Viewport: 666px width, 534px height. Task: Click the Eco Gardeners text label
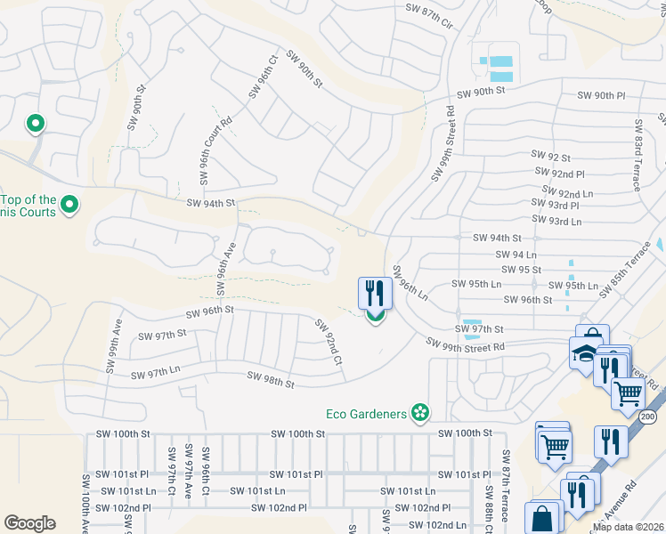(x=366, y=413)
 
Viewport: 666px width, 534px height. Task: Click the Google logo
(x=29, y=523)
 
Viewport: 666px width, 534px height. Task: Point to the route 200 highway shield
(x=648, y=417)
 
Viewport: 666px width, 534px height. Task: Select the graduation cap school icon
(x=586, y=353)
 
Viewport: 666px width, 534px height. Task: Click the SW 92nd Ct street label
(x=329, y=342)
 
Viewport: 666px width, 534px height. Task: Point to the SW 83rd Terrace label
(x=638, y=156)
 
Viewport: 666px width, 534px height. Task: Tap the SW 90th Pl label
(x=602, y=95)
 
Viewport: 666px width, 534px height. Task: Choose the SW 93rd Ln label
(x=556, y=221)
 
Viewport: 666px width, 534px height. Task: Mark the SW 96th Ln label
(x=410, y=284)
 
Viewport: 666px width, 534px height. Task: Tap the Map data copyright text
(x=629, y=527)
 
